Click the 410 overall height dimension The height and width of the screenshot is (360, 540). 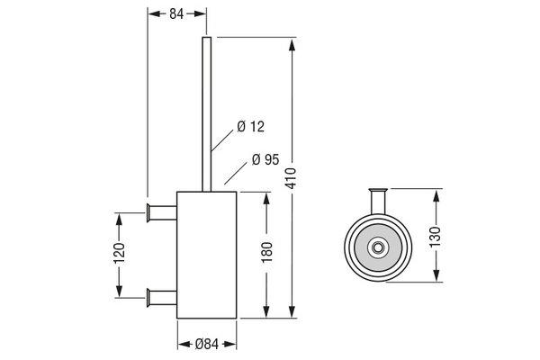point(292,178)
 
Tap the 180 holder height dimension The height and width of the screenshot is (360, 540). point(266,252)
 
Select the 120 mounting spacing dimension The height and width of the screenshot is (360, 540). point(119,253)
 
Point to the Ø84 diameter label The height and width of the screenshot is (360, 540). point(207,344)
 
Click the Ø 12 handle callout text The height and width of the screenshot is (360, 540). point(251,127)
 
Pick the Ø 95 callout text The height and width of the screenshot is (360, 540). point(265,159)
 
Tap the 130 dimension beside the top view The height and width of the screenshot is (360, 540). point(436,237)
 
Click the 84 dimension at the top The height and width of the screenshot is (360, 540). point(176,14)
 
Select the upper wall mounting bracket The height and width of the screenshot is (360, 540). point(162,212)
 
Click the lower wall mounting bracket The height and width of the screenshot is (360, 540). point(162,298)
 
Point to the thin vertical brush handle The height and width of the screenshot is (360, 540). point(207,114)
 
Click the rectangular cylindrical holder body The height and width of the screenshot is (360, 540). point(207,255)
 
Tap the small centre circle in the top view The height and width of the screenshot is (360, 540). point(378,247)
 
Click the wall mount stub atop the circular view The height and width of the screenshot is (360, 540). point(378,202)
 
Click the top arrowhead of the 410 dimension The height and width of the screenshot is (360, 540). point(292,45)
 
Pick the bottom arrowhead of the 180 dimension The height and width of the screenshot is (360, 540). point(266,311)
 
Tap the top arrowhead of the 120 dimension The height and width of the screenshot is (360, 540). point(119,220)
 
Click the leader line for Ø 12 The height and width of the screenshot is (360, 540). point(222,140)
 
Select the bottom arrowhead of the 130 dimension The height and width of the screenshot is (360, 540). point(436,275)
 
